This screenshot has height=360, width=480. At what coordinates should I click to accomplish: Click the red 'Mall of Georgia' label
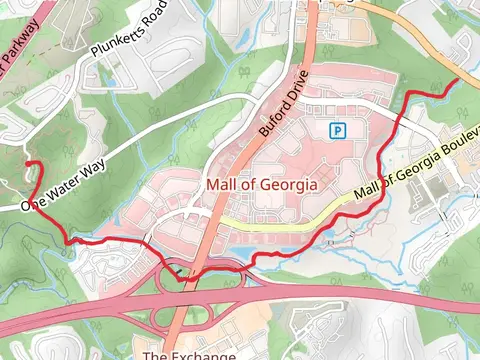pos(261,185)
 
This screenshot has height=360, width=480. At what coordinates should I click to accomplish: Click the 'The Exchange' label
pos(189,354)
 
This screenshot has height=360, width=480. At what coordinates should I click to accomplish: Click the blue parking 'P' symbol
pos(338,130)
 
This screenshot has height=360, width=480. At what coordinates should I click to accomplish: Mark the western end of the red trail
pos(26,162)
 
